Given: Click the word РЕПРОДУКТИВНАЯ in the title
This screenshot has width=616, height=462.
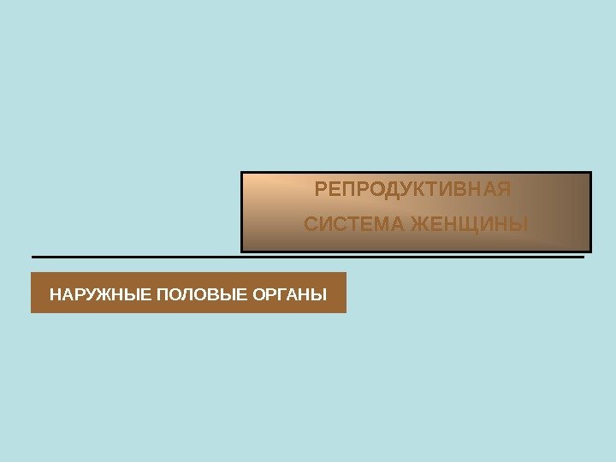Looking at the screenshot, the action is click(x=412, y=188).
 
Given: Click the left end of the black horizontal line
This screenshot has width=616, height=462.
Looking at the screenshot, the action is click(x=33, y=257).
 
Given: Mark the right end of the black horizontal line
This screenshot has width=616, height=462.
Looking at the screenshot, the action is click(x=583, y=257).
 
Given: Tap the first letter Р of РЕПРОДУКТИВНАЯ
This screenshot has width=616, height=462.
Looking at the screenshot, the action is click(x=321, y=188).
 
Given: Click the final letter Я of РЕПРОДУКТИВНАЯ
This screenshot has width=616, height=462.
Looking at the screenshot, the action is click(x=504, y=188).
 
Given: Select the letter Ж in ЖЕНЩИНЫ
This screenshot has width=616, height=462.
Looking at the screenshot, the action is click(x=420, y=225).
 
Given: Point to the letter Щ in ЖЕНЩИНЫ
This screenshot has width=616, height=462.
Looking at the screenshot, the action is click(x=467, y=225).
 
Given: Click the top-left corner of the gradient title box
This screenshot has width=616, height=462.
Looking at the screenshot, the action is click(x=242, y=172).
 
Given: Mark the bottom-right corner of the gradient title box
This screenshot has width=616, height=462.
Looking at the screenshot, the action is click(x=591, y=252).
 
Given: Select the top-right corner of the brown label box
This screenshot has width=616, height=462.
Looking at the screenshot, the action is click(x=346, y=273).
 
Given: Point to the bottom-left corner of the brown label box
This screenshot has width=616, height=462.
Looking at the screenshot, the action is click(x=32, y=312).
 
